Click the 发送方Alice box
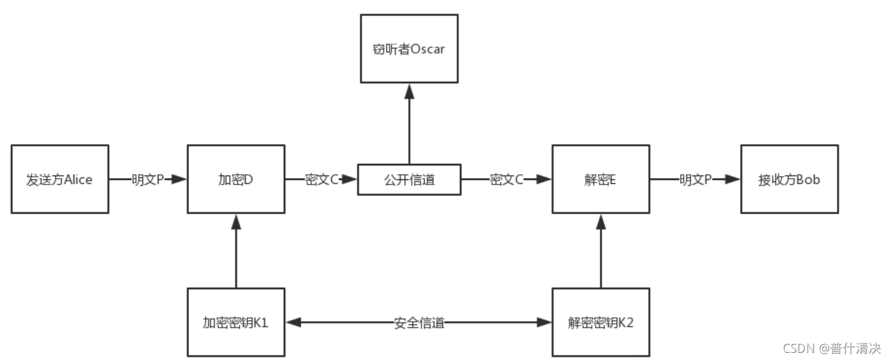[x=59, y=179]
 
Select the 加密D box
[x=235, y=179]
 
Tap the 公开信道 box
[x=409, y=179]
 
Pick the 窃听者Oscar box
[x=409, y=49]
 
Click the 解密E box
[x=601, y=179]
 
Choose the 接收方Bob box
[x=789, y=179]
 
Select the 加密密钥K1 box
[x=235, y=323]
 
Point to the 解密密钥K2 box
[x=601, y=323]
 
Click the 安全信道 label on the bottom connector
[x=419, y=323]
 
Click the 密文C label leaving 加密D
[x=321, y=179]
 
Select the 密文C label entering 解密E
[x=506, y=179]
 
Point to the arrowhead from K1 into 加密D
[x=235, y=221]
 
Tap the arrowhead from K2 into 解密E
[x=601, y=221]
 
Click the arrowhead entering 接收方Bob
[x=732, y=179]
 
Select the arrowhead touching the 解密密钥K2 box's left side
[x=545, y=323]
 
